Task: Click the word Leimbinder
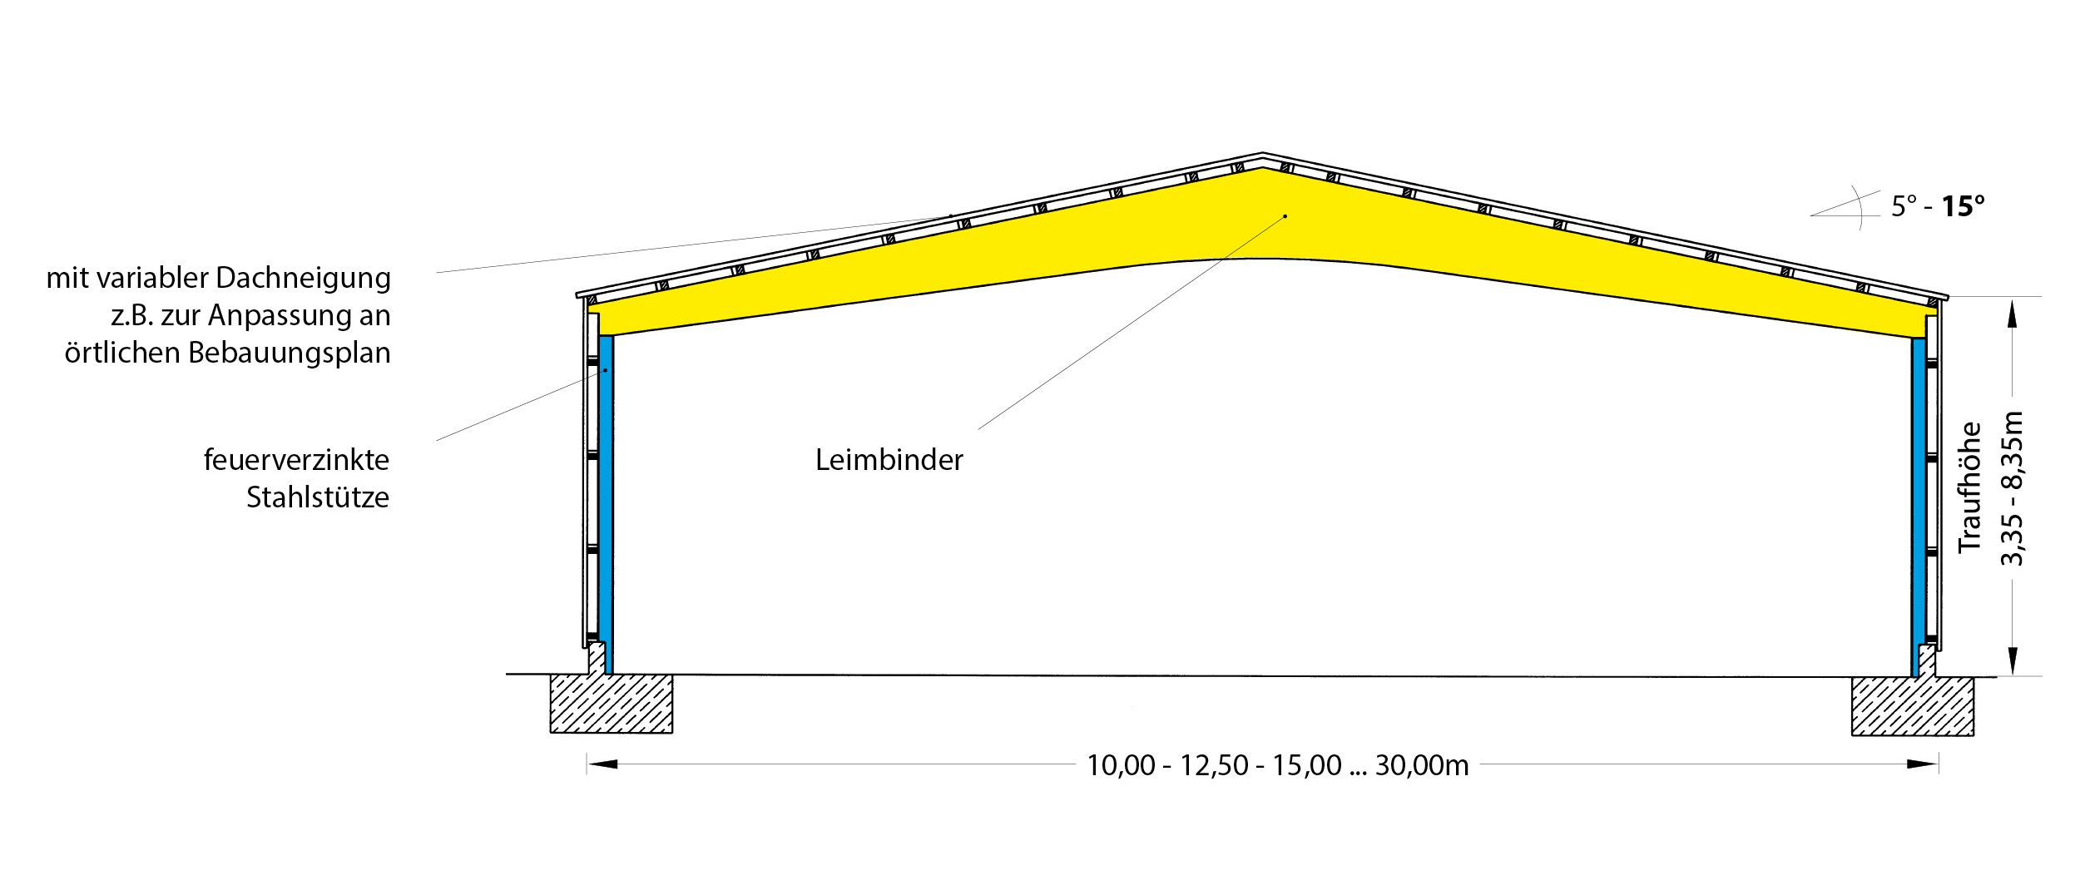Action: click(889, 460)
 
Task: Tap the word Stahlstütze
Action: click(317, 497)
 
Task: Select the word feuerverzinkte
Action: click(296, 460)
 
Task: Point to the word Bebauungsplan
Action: click(289, 353)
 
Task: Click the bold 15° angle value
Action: click(1963, 206)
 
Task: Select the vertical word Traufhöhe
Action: click(1969, 487)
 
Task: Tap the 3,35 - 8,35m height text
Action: click(2012, 489)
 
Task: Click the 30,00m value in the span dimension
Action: click(1422, 765)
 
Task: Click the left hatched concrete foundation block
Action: click(612, 704)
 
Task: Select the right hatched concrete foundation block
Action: click(1912, 706)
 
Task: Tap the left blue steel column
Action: click(606, 499)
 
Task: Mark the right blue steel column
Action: click(1919, 499)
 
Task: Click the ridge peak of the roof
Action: click(1262, 156)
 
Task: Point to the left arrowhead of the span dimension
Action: click(602, 764)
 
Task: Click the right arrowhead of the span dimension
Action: click(1924, 764)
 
